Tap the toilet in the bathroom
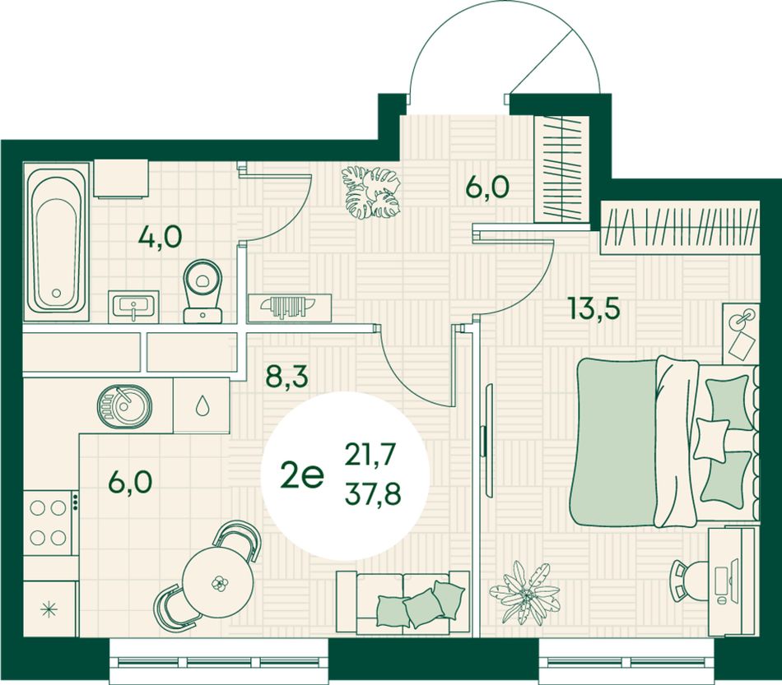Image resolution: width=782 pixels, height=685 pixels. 202,291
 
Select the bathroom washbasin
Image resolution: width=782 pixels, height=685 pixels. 133,307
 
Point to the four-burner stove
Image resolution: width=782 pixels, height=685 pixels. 49,523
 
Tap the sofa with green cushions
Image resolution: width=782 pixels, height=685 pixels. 403,603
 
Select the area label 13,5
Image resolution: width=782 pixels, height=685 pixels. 594,308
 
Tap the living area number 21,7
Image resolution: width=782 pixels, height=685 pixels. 370,455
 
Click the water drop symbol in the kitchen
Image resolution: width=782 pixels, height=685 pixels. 202,405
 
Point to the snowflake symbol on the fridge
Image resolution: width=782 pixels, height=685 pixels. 49,609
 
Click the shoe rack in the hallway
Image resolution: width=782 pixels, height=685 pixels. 290,308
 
